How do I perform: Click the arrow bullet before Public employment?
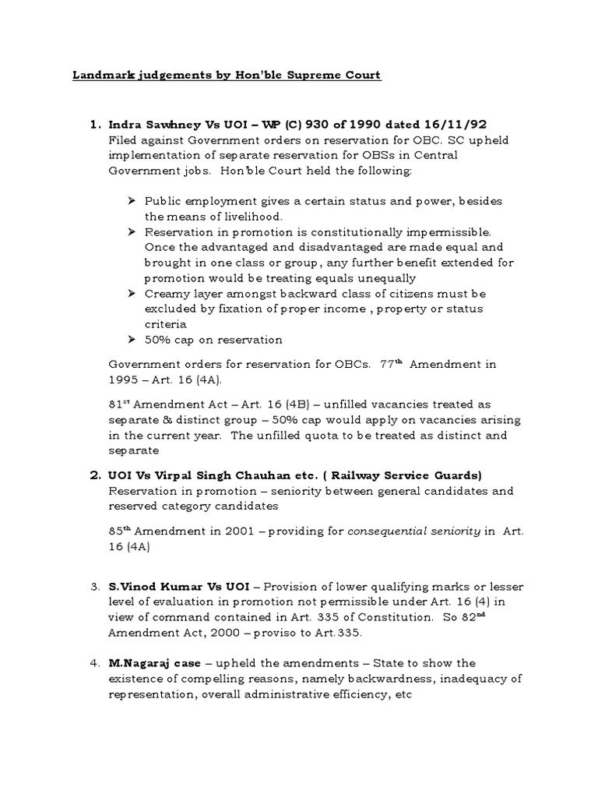132,200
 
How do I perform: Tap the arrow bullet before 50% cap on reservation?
132,340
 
